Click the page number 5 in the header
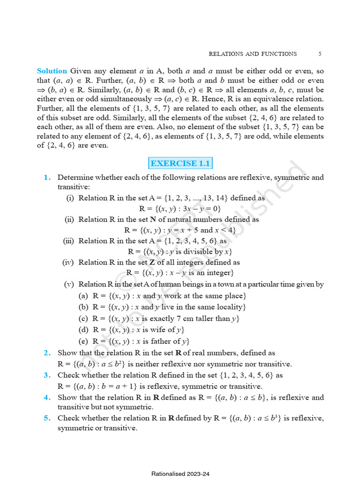click(x=320, y=54)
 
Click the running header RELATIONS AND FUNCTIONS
click(x=252, y=54)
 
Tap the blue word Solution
click(x=52, y=71)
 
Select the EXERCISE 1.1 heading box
click(x=180, y=163)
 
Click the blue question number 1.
click(x=47, y=178)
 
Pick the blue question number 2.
click(x=47, y=353)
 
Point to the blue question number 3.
click(x=47, y=375)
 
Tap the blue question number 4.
click(x=47, y=397)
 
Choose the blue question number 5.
click(x=47, y=418)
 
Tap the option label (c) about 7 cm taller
click(x=83, y=318)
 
